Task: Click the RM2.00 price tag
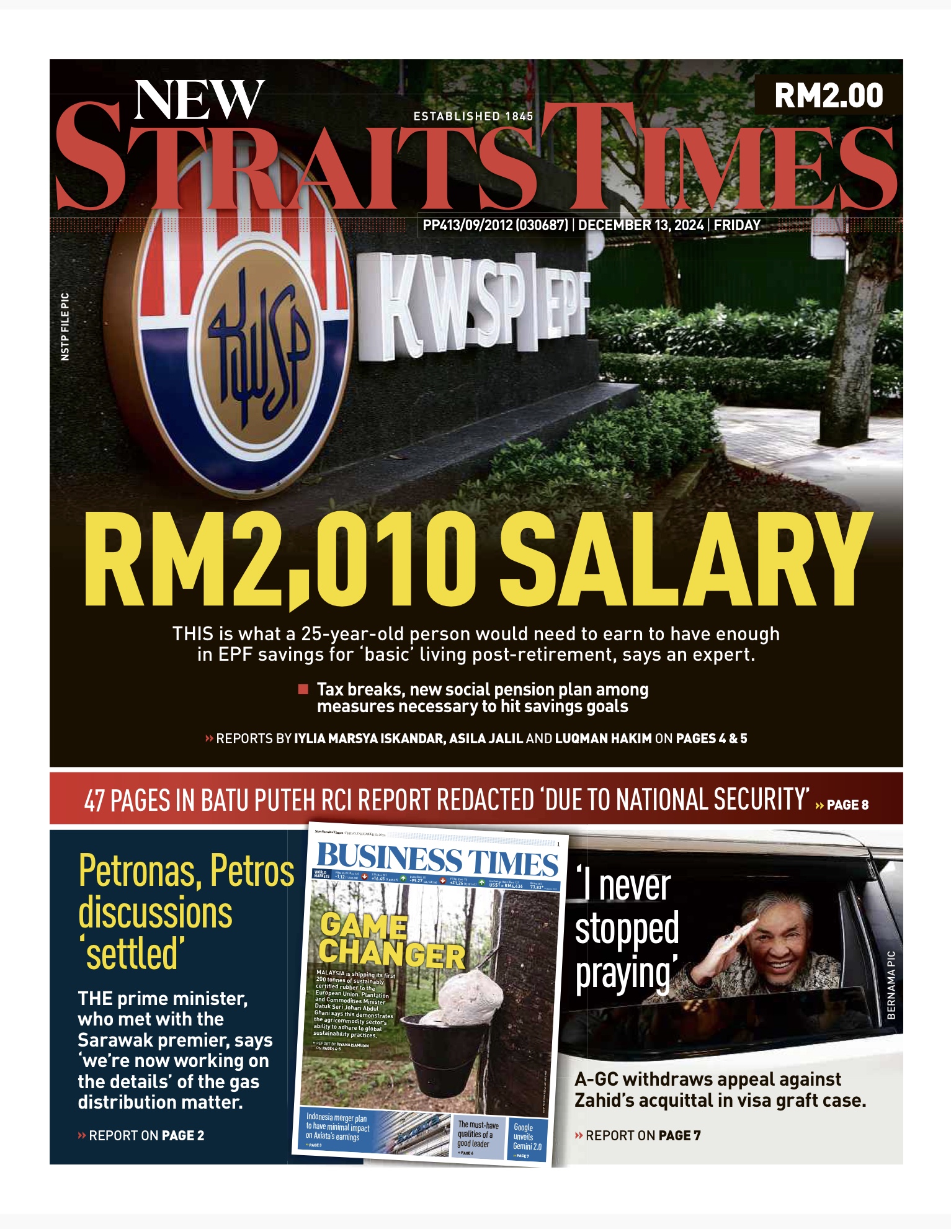pyautogui.click(x=828, y=96)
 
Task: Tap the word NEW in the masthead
pyautogui.click(x=199, y=101)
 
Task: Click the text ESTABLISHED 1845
pyautogui.click(x=473, y=116)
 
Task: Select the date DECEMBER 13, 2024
pyautogui.click(x=641, y=225)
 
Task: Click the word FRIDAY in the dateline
pyautogui.click(x=737, y=225)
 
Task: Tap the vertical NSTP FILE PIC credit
pyautogui.click(x=65, y=326)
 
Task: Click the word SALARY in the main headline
pyautogui.click(x=685, y=560)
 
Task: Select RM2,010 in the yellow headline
pyautogui.click(x=279, y=560)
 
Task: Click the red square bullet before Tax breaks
pyautogui.click(x=303, y=689)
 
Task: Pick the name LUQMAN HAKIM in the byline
pyautogui.click(x=603, y=738)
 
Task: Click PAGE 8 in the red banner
pyautogui.click(x=847, y=805)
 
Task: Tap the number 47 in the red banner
pyautogui.click(x=94, y=801)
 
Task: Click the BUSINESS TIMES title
pyautogui.click(x=437, y=861)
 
